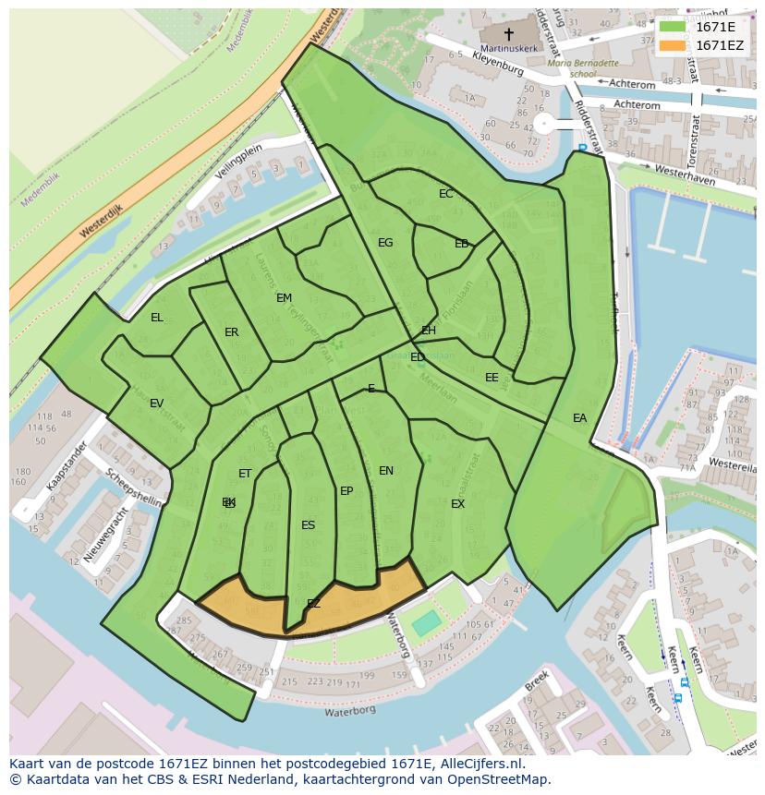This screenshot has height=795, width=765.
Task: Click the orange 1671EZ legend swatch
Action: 674,45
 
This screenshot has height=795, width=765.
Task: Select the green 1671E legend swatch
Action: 674,27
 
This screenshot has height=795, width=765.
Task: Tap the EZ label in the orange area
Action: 313,604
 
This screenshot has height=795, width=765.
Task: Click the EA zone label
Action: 579,418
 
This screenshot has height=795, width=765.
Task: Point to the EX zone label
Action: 457,504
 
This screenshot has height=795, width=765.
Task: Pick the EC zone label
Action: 446,194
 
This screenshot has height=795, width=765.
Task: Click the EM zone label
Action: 284,298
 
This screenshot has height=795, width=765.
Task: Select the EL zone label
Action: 157,318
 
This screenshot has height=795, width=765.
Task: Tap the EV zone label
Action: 156,404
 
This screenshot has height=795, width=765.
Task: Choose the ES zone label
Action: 308,525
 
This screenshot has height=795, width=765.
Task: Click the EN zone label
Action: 386,471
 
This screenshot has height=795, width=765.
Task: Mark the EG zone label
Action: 385,243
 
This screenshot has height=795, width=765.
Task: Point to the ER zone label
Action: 231,332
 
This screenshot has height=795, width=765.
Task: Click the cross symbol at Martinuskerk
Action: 508,32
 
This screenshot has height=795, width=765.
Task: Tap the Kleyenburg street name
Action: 497,63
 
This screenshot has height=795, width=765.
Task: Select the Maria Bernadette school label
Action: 582,68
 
